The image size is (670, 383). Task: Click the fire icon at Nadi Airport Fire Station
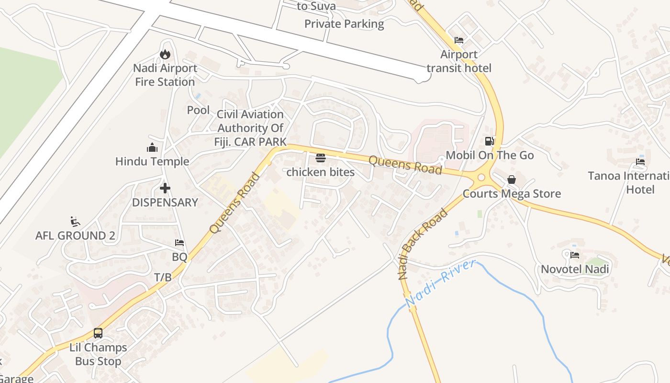pos(165,55)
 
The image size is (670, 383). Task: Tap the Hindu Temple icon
pos(152,147)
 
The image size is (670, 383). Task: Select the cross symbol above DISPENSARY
pos(165,188)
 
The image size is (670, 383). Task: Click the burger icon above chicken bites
pos(321,158)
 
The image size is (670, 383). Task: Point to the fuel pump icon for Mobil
pos(489,141)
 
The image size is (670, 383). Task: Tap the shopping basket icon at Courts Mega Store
pos(512,180)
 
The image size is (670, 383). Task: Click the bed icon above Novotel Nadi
pos(575,255)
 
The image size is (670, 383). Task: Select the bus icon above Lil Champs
pos(98,333)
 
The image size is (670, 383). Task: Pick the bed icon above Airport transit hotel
pos(459,40)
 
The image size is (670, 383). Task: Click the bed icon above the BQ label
pos(179,243)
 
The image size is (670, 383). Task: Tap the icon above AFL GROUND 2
pos(75,221)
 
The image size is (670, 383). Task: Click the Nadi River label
pos(441,283)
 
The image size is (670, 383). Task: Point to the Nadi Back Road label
pos(423,244)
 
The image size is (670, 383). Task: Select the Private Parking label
pos(344,24)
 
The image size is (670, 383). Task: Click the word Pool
pos(198,110)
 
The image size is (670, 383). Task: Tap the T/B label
pos(163,277)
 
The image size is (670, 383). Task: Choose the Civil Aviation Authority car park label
pos(250,128)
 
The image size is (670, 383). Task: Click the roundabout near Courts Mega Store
pos(481,178)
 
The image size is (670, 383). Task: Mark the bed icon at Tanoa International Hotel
pos(640,161)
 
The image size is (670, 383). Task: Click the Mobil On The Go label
pos(490,155)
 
